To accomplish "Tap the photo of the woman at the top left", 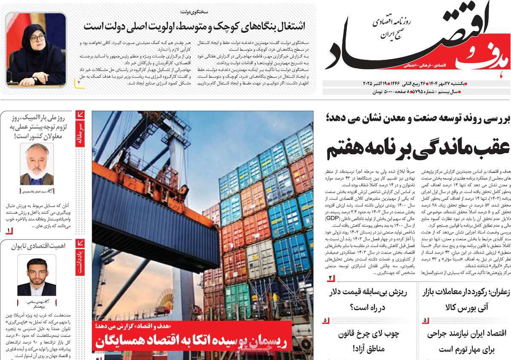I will point(36,49).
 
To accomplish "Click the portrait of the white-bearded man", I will point(37,164).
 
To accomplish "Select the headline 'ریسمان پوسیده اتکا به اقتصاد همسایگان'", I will point(192,341).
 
